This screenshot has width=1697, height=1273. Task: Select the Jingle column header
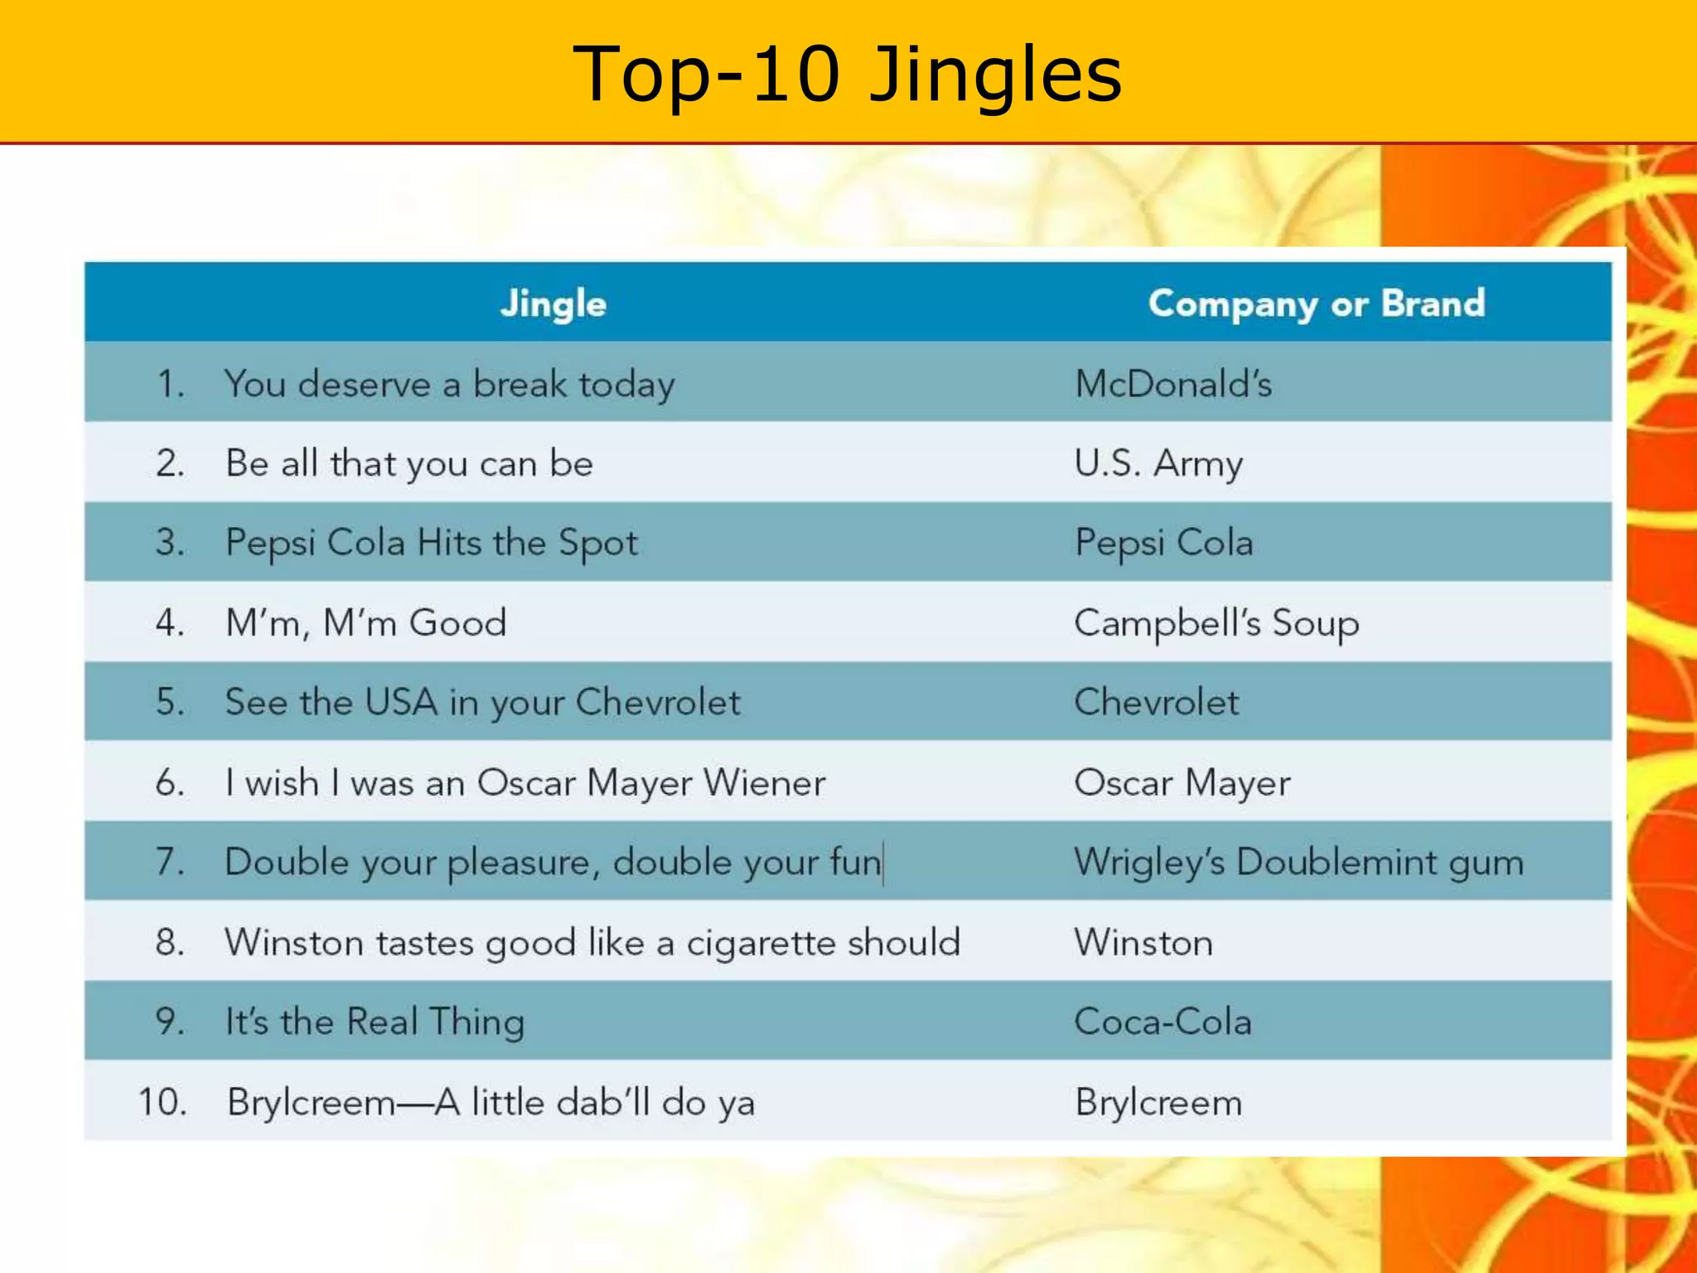click(x=553, y=303)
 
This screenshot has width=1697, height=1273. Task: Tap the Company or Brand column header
click(x=1316, y=303)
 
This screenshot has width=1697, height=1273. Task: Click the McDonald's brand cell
click(x=1172, y=384)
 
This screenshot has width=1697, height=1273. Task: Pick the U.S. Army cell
click(x=1158, y=463)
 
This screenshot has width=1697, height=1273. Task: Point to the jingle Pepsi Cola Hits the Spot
click(x=432, y=543)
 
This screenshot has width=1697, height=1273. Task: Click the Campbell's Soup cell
click(x=1216, y=623)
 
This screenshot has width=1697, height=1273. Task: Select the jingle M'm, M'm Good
click(x=365, y=623)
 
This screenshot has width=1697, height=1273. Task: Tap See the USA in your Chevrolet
click(x=482, y=703)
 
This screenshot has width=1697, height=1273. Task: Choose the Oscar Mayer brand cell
click(x=1182, y=782)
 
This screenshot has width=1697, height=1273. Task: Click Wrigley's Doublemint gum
click(x=1298, y=863)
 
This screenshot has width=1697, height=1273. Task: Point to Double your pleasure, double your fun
click(x=553, y=863)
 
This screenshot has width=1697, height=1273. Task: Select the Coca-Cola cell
click(x=1163, y=1022)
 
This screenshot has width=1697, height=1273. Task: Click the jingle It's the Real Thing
click(x=375, y=1022)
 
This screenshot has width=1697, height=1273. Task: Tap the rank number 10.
click(x=162, y=1102)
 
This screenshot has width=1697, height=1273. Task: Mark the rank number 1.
click(x=170, y=384)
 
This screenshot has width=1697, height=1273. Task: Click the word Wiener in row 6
click(x=764, y=782)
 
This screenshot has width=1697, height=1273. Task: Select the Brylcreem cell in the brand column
click(x=1158, y=1102)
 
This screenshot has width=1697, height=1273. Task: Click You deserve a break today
click(x=449, y=384)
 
